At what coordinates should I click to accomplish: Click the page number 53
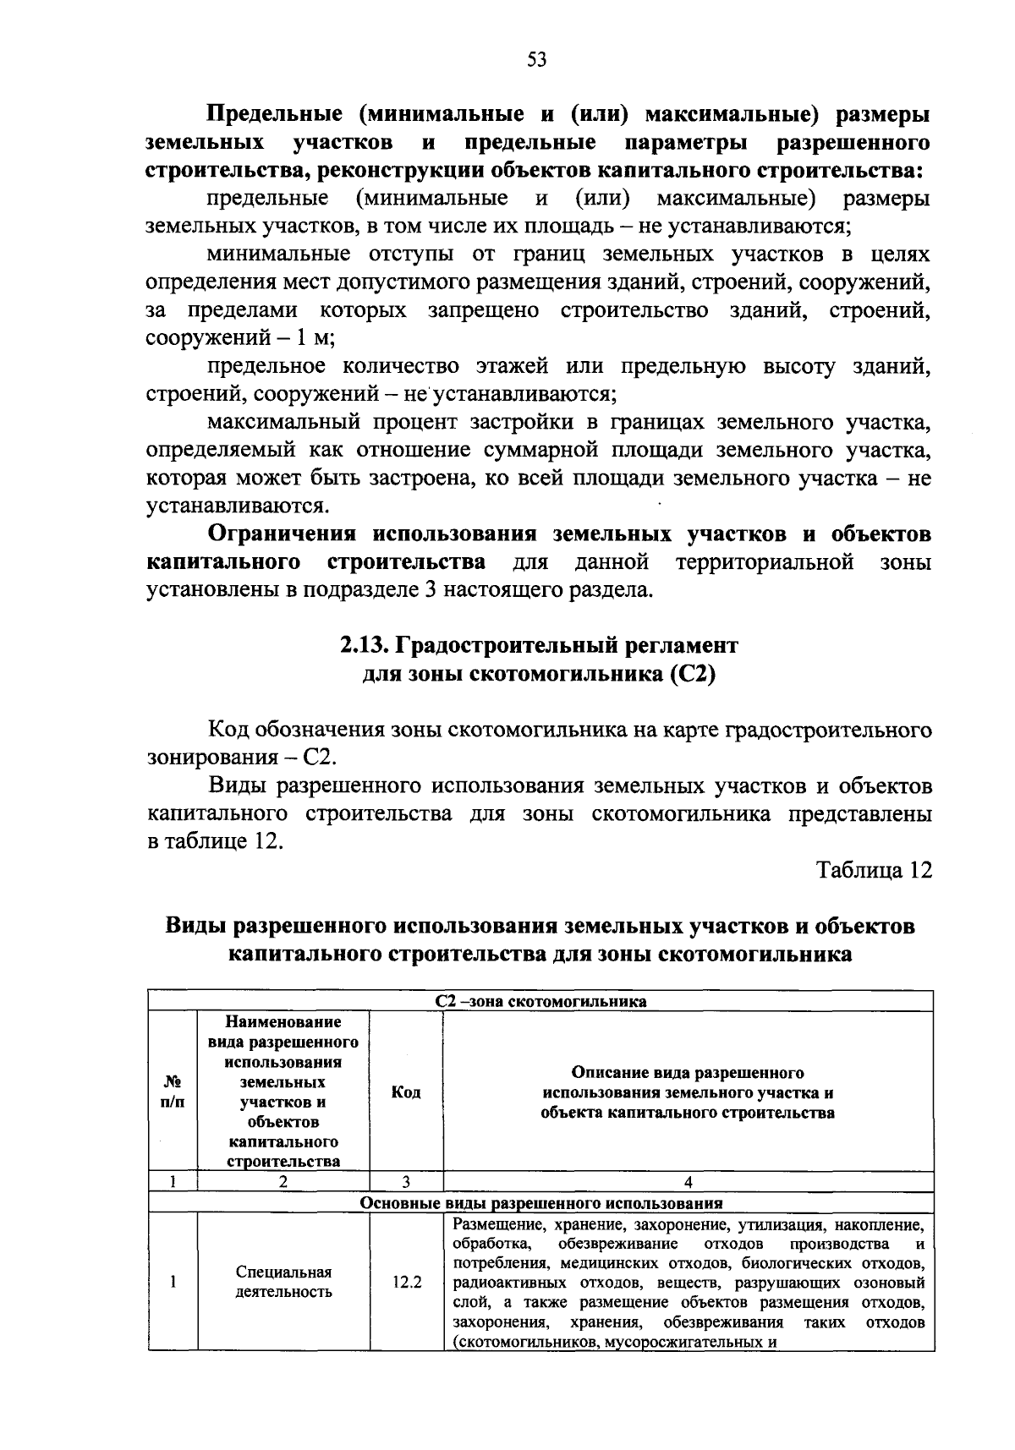click(537, 59)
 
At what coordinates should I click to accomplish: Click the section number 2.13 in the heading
click(361, 646)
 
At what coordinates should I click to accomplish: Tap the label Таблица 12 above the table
click(874, 870)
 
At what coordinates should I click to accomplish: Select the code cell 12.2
click(406, 1282)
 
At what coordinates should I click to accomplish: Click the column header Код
click(406, 1092)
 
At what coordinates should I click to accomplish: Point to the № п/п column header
click(172, 1092)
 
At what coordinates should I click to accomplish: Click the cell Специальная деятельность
click(283, 1282)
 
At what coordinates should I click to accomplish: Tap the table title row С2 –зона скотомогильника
click(540, 1001)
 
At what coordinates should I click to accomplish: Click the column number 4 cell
click(688, 1182)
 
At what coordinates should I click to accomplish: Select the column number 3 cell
click(406, 1182)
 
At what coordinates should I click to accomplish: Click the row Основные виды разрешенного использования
click(540, 1202)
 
